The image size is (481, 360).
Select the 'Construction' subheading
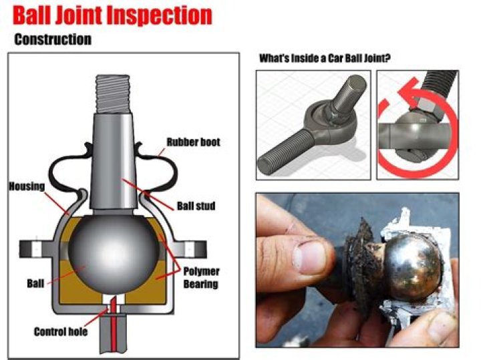(x=53, y=39)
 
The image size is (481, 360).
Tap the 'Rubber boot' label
(x=193, y=142)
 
